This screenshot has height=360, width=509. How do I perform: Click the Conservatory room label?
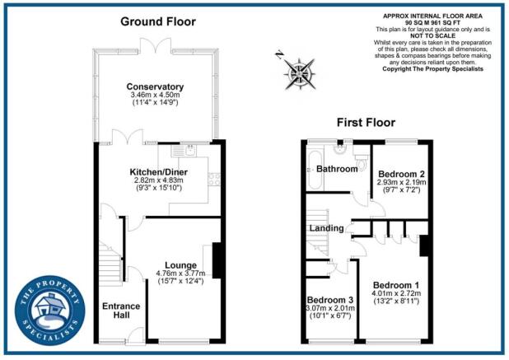click(x=155, y=86)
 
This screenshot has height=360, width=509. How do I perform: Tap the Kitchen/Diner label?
click(x=159, y=171)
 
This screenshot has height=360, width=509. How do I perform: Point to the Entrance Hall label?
click(x=120, y=311)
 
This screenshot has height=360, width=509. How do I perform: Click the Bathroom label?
click(x=337, y=169)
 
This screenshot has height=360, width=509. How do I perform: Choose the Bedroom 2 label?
click(x=401, y=175)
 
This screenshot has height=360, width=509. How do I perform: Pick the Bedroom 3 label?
click(x=329, y=300)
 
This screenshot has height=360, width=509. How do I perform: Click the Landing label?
click(x=326, y=228)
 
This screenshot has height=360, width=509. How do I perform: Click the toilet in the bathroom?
click(x=361, y=157)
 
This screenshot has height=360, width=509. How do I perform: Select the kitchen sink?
click(x=189, y=152)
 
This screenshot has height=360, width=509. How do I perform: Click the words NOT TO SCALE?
click(x=432, y=36)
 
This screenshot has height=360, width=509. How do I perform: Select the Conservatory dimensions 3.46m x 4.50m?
click(x=155, y=96)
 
